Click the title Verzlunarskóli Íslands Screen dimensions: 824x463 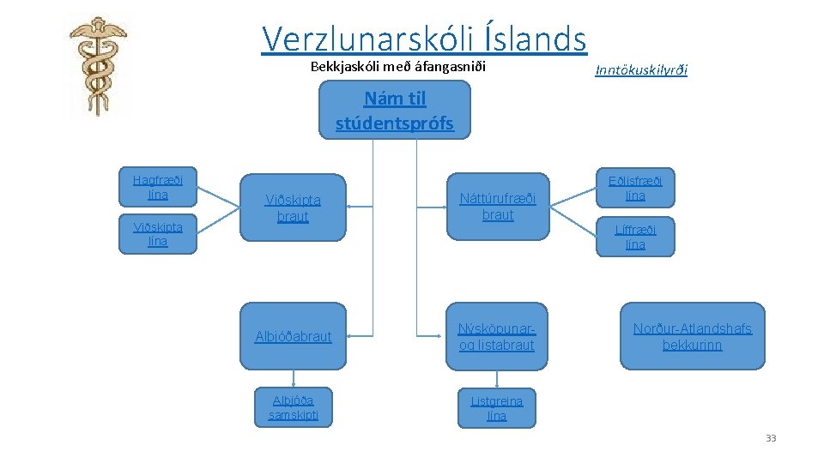pyautogui.click(x=424, y=39)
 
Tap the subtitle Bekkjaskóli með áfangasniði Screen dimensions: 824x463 pyautogui.click(x=397, y=67)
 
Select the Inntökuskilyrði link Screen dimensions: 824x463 pyautogui.click(x=640, y=69)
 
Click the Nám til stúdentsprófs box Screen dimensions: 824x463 pyautogui.click(x=395, y=111)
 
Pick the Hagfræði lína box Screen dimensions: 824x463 pyautogui.click(x=157, y=187)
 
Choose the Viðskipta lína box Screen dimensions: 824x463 pyautogui.click(x=157, y=234)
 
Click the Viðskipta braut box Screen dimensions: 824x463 pyautogui.click(x=293, y=207)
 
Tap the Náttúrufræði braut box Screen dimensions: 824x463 pyautogui.click(x=498, y=207)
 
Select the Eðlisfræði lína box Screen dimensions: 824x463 pyautogui.click(x=635, y=189)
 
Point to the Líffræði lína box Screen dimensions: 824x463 pyautogui.click(x=635, y=237)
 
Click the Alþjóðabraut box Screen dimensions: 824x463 pyautogui.click(x=293, y=336)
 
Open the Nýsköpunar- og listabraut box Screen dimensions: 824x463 pyautogui.click(x=496, y=336)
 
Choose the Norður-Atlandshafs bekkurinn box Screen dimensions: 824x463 pyautogui.click(x=692, y=336)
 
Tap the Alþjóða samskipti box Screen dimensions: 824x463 pyautogui.click(x=294, y=407)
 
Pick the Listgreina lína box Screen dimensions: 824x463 pyautogui.click(x=496, y=408)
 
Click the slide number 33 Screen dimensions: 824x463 pyautogui.click(x=770, y=438)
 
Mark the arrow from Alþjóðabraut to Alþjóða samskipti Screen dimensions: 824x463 pyautogui.click(x=294, y=379)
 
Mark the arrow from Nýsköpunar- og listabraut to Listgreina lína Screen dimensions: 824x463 pyautogui.click(x=496, y=380)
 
